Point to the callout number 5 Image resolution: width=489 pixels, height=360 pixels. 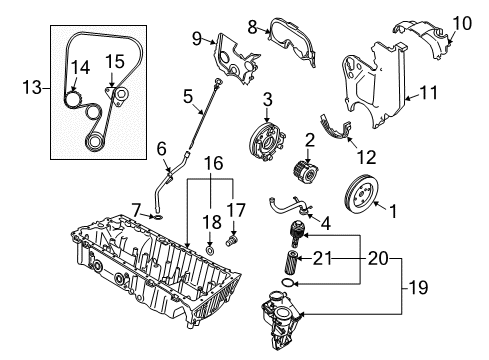point(187,97)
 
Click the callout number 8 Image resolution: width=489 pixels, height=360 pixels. point(253,26)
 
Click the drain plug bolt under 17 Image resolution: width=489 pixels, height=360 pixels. point(234,240)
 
